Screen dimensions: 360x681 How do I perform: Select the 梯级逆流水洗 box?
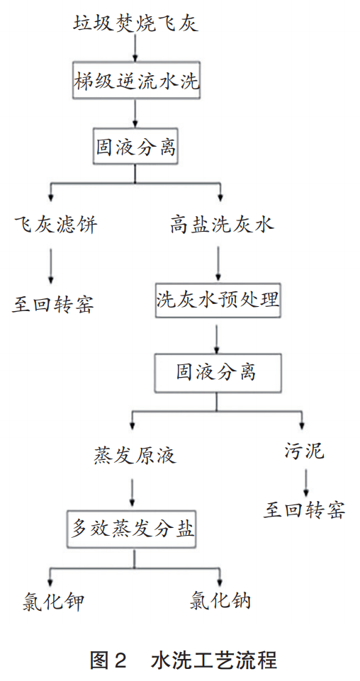pos(136,81)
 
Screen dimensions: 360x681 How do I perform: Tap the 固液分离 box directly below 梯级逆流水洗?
pos(135,147)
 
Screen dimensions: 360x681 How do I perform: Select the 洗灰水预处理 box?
pos(218,301)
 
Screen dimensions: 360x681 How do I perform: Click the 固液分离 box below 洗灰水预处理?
pos(217,372)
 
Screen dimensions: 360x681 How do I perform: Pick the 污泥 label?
pos(305,451)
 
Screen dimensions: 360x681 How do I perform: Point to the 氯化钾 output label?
pos(52,602)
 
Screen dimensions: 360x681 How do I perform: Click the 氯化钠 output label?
pos(220,602)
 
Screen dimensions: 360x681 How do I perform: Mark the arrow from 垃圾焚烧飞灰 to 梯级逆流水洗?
pos(135,48)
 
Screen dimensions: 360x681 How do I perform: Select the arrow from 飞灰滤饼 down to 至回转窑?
pos(51,266)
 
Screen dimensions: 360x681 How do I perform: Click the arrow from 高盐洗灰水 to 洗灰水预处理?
pos(218,264)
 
